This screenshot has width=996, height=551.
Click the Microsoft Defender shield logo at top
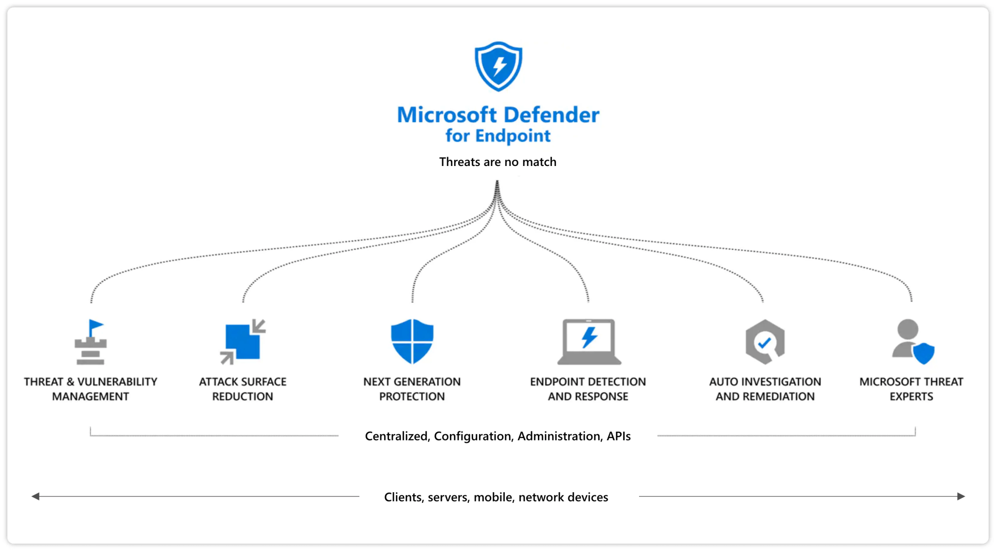pyautogui.click(x=498, y=66)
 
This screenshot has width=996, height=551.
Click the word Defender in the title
pyautogui.click(x=550, y=115)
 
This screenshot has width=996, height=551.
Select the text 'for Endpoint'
pyautogui.click(x=498, y=136)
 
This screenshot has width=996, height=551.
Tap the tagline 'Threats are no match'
pyautogui.click(x=498, y=162)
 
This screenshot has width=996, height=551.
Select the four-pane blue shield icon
pyautogui.click(x=412, y=341)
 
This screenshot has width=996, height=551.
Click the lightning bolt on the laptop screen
pyautogui.click(x=589, y=337)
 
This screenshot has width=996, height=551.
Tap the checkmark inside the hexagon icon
pyautogui.click(x=765, y=342)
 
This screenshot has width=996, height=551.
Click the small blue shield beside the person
pyautogui.click(x=923, y=353)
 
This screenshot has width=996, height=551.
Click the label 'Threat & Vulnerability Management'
pyautogui.click(x=90, y=389)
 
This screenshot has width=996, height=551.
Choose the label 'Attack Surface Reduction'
pyautogui.click(x=242, y=389)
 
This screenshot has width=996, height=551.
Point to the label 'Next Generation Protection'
pyautogui.click(x=412, y=389)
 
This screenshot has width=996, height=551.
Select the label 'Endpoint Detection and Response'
pyautogui.click(x=588, y=389)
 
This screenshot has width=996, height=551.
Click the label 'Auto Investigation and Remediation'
pyautogui.click(x=765, y=389)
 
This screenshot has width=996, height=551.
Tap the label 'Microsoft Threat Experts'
pyautogui.click(x=911, y=389)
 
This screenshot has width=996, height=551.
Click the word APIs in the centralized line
pyautogui.click(x=618, y=436)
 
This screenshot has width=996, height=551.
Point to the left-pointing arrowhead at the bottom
pyautogui.click(x=36, y=496)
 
